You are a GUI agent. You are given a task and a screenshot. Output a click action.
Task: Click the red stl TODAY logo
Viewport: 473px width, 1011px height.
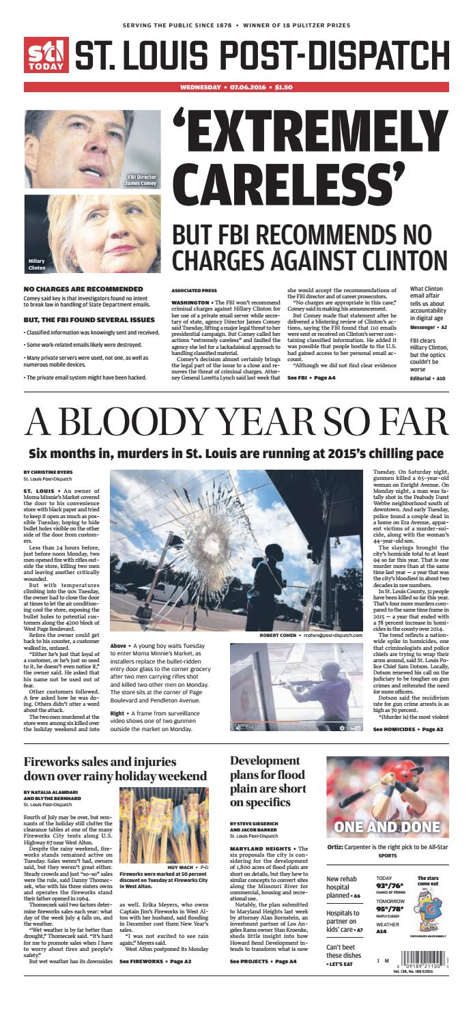[x=46, y=54]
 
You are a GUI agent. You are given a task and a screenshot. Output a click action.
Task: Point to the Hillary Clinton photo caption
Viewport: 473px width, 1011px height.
[x=37, y=264]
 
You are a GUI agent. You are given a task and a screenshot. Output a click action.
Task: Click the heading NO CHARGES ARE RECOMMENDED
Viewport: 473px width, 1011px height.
[x=83, y=289]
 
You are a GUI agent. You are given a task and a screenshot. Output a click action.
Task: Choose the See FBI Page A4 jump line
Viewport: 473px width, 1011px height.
[x=311, y=378]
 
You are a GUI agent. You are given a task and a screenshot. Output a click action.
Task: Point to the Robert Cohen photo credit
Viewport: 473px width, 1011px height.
[x=311, y=636]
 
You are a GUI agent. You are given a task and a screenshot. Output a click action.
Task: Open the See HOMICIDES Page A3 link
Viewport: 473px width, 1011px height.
[x=408, y=729]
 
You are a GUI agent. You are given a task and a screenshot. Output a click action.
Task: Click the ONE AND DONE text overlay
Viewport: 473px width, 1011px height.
[x=387, y=828]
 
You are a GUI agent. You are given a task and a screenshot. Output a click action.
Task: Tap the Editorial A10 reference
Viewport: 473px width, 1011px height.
[x=427, y=378]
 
